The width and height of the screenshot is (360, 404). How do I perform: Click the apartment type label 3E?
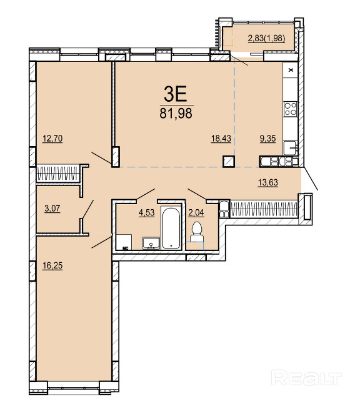176,94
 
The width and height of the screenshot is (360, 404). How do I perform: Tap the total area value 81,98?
176,113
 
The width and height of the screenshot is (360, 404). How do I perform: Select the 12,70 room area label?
52,139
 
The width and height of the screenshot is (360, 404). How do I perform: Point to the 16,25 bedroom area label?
52,265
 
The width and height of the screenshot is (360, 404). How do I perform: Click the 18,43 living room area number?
221,139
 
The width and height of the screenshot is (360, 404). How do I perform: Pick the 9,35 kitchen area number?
267,139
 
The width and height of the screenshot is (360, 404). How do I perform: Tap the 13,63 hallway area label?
268,182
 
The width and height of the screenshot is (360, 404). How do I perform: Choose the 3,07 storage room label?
52,208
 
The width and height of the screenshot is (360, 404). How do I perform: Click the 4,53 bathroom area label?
146,212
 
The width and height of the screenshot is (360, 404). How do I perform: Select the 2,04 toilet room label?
196,212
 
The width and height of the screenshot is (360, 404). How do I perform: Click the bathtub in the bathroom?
171,228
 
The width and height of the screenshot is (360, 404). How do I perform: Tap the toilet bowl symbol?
197,232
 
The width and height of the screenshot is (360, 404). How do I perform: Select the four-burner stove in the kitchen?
290,109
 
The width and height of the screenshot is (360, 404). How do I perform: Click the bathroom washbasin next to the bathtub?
151,244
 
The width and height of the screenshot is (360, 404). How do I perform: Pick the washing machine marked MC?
124,242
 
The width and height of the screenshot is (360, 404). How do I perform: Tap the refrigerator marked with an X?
291,70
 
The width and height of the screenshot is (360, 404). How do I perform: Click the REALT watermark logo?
307,378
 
